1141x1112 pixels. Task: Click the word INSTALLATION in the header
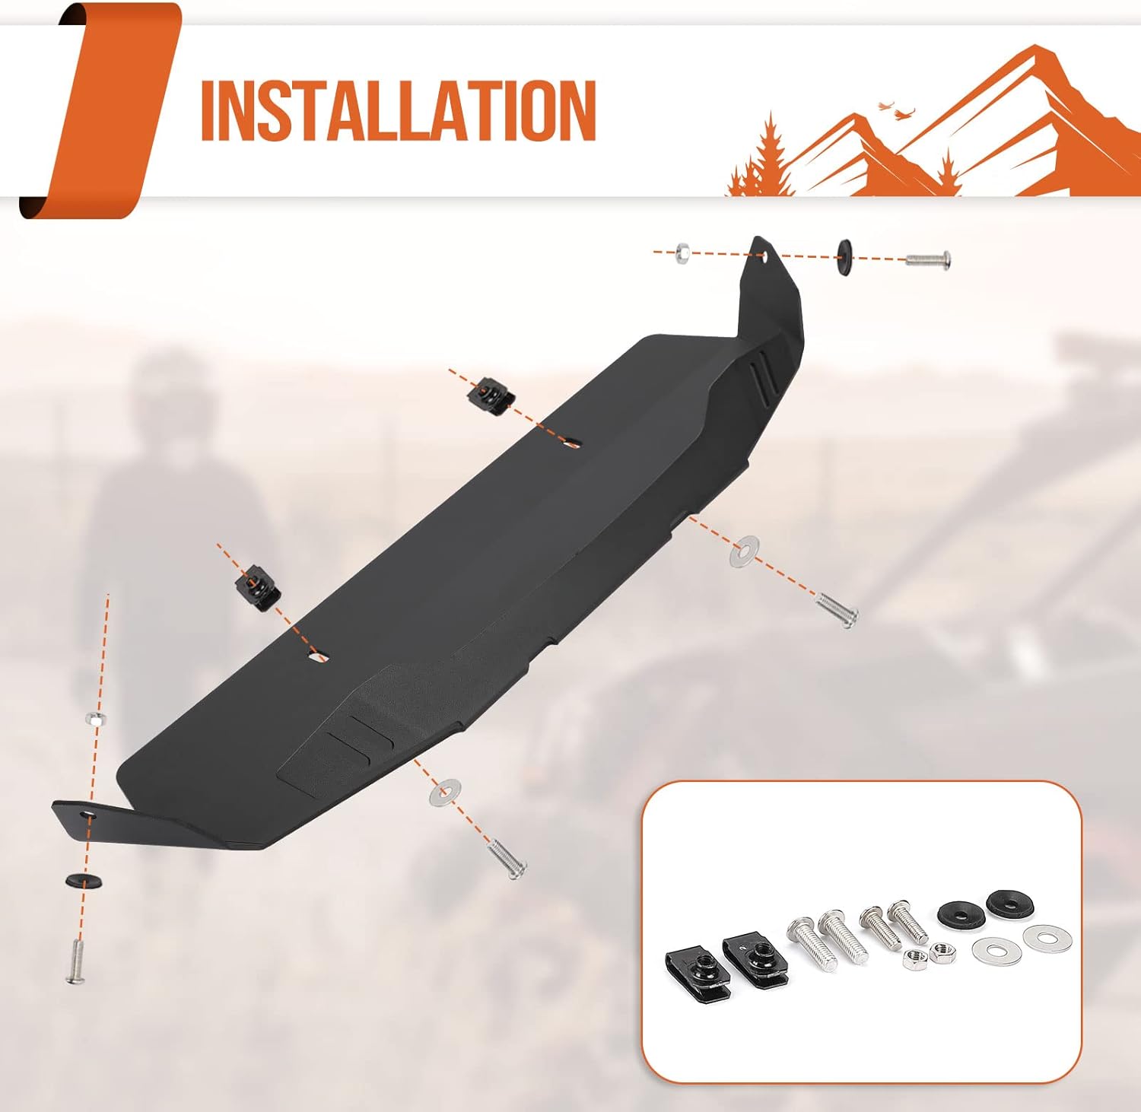coord(398,111)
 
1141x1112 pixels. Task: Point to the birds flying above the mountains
coord(893,110)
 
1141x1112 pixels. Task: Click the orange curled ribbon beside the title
coord(99,111)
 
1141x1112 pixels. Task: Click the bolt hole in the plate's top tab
coord(762,257)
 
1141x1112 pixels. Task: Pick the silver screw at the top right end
coord(927,259)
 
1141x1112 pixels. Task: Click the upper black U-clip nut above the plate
coord(490,395)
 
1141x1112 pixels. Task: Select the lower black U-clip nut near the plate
coord(256,586)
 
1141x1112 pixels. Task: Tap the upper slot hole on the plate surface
coord(571,443)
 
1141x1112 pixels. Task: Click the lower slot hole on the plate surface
coord(318,656)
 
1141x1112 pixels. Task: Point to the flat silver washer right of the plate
coord(744,551)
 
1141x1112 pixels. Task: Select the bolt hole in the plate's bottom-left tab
coord(90,815)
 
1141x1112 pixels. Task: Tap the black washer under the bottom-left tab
coord(84,881)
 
